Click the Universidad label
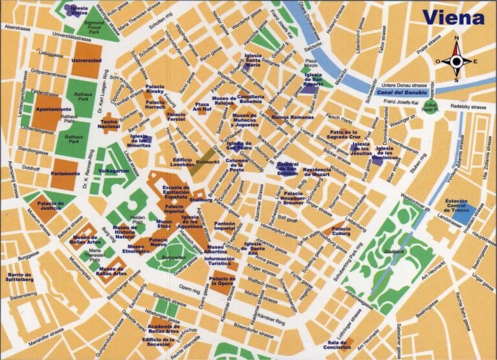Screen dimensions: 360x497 point(86,60)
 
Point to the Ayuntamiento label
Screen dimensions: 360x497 point(54,109)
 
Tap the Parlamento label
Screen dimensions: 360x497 point(65,174)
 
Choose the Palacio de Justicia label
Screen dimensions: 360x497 point(46,206)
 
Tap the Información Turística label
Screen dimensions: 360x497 point(219,262)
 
